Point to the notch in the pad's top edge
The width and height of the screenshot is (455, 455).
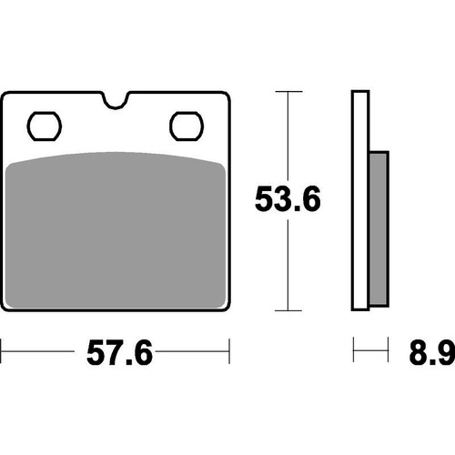click(x=116, y=98)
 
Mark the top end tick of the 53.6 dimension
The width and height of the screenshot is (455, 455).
click(x=288, y=92)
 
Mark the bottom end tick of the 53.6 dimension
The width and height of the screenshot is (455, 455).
click(x=288, y=309)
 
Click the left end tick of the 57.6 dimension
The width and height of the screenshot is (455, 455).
click(x=3, y=349)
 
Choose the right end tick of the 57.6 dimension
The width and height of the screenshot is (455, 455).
click(x=228, y=349)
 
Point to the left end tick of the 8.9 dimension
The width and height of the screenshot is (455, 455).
click(x=354, y=349)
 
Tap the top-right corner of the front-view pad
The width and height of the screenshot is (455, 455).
click(x=225, y=94)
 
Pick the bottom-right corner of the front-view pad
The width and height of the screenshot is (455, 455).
click(x=225, y=308)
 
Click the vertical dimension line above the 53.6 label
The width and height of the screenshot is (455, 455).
click(x=288, y=136)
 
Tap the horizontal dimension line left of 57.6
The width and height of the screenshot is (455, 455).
click(x=41, y=349)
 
